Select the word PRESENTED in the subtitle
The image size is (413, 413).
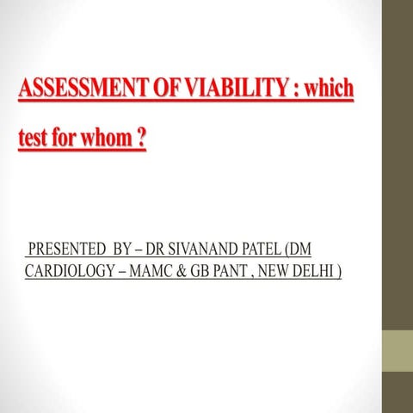(x=67, y=251)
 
